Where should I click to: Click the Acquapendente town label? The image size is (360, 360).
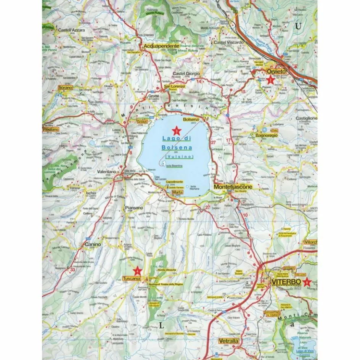[161, 46]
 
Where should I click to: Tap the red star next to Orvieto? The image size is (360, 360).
[270, 80]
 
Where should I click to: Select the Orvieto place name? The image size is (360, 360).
[276, 72]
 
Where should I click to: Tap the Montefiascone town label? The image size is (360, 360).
[233, 187]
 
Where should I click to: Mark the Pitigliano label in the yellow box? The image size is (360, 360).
[51, 130]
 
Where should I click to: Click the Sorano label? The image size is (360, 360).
[65, 88]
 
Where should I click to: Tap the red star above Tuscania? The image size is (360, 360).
[138, 271]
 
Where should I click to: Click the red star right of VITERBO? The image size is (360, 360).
[307, 282]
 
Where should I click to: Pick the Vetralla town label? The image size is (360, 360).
[229, 341]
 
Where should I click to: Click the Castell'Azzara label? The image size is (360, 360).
[71, 30]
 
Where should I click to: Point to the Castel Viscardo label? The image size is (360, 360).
[228, 42]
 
